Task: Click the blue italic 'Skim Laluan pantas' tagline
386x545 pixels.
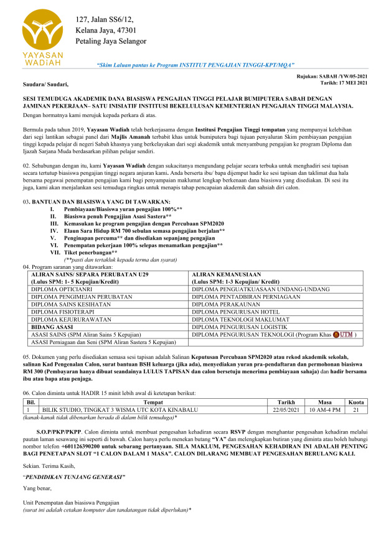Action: coord(195,65)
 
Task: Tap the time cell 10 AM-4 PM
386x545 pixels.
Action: coord(324,410)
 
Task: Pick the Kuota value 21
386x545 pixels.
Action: coord(355,410)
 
